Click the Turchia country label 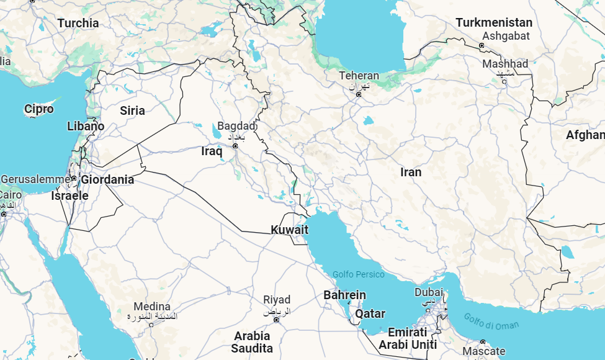point(78,23)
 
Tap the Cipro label point(39,109)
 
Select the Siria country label point(132,110)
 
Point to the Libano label point(86,126)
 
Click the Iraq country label point(212,151)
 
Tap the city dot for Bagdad point(235,146)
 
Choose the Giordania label point(107,179)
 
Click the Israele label point(69,196)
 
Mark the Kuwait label point(289,230)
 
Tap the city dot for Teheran point(358,94)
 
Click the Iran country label point(411,172)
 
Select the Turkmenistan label point(494,22)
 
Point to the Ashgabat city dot point(482,46)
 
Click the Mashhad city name point(505,64)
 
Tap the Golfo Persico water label point(358,274)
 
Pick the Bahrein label point(344,295)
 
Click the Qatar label point(370,313)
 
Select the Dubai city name point(429,292)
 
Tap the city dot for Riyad point(276,319)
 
